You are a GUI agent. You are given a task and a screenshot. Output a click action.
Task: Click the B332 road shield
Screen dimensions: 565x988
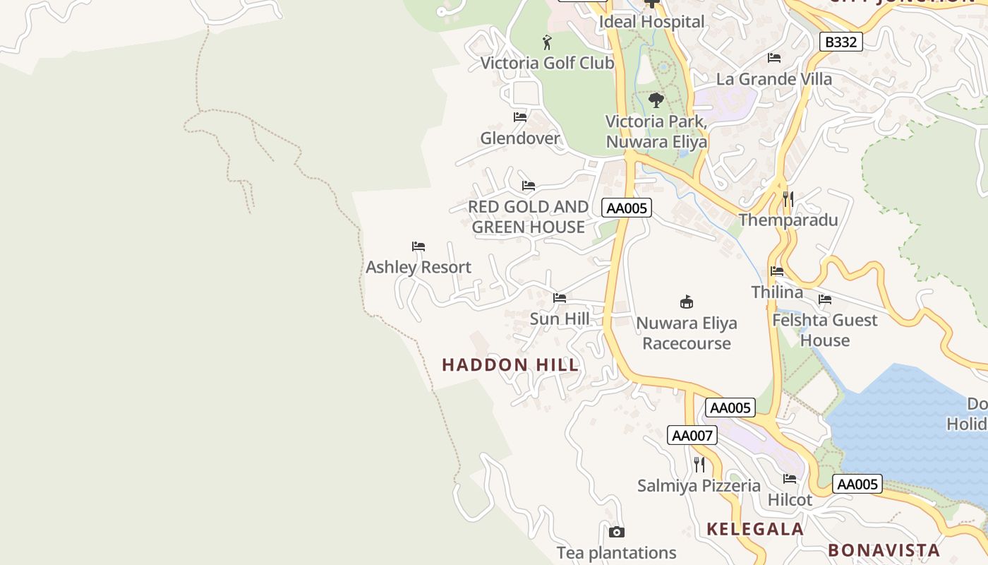point(841,42)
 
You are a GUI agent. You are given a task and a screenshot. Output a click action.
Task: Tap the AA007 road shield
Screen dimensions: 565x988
point(692,435)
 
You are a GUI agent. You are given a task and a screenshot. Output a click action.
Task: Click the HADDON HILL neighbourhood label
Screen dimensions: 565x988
point(510,364)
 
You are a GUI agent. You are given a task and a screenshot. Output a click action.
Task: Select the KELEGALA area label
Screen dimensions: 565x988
point(755,529)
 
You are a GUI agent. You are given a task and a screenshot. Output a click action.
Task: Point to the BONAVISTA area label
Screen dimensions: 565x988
point(884,550)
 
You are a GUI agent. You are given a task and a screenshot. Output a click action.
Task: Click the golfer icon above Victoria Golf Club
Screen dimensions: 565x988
point(547,42)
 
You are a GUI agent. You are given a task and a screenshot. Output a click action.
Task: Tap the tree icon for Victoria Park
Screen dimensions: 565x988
point(656,100)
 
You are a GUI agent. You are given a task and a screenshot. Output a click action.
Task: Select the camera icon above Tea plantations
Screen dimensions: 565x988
point(616,532)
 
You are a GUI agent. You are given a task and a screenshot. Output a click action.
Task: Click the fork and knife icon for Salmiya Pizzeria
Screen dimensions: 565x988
point(699,465)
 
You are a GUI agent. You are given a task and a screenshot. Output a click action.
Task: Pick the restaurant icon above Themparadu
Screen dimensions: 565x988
point(788,199)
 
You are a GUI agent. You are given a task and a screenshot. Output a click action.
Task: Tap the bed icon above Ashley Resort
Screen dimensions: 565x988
point(418,246)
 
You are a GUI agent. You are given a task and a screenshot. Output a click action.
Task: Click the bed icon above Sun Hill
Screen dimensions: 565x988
point(560,298)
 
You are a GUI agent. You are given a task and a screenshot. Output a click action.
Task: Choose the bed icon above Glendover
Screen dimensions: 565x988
point(520,117)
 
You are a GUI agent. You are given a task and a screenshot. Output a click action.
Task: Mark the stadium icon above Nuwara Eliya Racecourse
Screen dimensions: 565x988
point(686,302)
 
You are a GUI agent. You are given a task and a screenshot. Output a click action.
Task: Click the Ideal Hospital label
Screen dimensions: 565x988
point(651,22)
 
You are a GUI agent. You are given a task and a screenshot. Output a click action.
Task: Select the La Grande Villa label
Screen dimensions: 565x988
point(774,79)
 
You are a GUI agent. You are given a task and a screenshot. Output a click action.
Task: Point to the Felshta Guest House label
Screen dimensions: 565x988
point(824,330)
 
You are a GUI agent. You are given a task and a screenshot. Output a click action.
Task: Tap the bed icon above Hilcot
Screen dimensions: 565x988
point(790,479)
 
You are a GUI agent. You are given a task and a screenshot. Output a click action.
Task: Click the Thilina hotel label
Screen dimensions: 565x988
point(777,292)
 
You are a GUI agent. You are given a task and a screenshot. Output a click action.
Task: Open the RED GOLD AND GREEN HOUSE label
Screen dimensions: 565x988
point(528,217)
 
